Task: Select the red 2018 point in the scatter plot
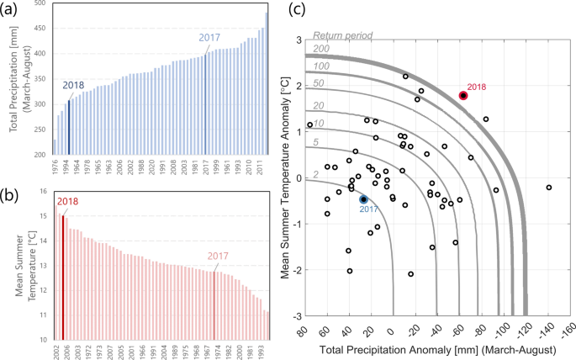[x=463, y=96]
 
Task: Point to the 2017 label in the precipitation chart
[x=210, y=38]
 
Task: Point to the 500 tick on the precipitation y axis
[x=40, y=6]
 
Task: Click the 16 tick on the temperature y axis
[x=42, y=192]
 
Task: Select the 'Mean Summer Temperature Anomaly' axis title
[x=283, y=178]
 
